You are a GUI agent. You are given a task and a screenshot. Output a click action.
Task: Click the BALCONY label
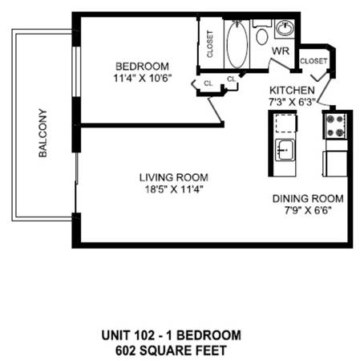(42, 133)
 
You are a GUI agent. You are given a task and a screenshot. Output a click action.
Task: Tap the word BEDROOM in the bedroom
(142, 67)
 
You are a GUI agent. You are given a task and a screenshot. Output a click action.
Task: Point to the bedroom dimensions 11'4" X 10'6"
(142, 79)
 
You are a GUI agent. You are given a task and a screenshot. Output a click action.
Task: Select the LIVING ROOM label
(174, 177)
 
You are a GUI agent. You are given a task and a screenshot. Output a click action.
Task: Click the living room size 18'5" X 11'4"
(174, 189)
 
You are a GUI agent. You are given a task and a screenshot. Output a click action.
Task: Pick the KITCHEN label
(292, 91)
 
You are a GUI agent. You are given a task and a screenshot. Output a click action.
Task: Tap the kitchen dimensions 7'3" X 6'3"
(292, 102)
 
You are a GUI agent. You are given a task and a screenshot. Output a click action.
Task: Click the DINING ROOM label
(308, 199)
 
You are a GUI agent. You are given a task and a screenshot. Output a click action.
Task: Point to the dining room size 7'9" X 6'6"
(308, 210)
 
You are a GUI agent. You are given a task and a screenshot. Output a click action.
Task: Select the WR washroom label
(281, 51)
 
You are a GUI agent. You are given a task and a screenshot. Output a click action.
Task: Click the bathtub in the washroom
(237, 44)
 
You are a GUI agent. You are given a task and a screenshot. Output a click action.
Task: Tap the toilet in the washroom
(262, 34)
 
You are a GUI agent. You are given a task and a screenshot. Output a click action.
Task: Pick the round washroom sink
(285, 28)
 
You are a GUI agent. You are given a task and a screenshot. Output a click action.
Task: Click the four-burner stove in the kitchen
(335, 126)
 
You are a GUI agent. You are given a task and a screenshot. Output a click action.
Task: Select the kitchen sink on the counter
(285, 150)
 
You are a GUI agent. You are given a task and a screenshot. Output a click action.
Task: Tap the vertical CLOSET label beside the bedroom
(210, 44)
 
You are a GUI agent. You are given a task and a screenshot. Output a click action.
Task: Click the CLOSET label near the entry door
(313, 61)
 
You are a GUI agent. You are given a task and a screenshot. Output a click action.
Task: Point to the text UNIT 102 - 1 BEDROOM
(171, 335)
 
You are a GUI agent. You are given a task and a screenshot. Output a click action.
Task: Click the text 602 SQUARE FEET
(171, 351)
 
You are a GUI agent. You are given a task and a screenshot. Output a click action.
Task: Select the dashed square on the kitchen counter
(285, 124)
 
